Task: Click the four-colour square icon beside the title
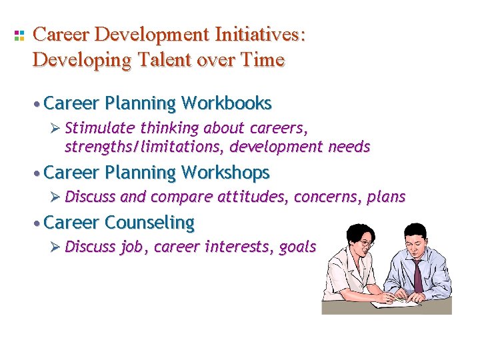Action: [19, 35]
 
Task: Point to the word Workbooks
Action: [226, 103]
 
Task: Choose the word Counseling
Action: [150, 222]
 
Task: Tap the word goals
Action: [297, 247]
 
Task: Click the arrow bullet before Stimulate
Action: [56, 127]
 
